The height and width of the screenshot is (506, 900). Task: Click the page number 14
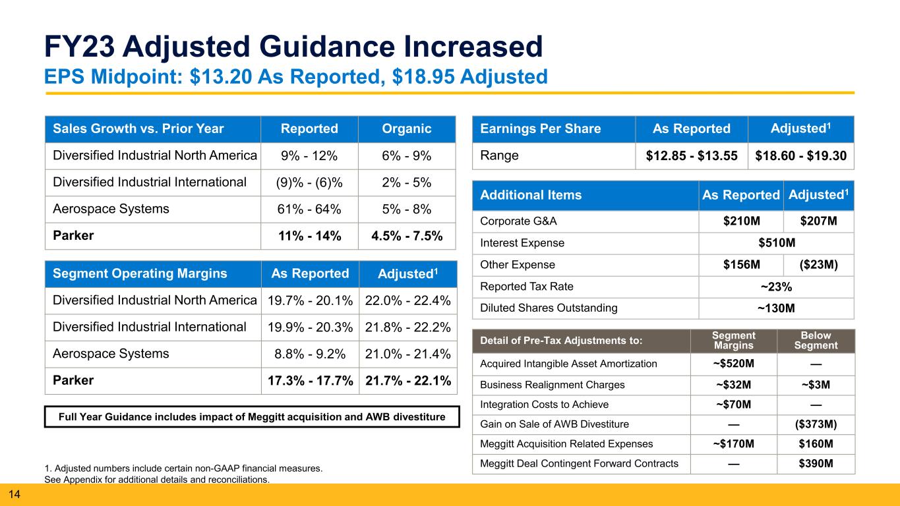14,494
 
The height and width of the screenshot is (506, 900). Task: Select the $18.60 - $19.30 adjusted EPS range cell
800,155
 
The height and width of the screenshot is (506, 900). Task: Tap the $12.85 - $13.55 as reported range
692,155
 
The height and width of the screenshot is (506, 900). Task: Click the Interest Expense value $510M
777,242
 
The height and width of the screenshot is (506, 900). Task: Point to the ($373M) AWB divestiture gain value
816,424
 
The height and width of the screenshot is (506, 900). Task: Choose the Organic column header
407,128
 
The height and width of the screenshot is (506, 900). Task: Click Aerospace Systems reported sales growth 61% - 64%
309,209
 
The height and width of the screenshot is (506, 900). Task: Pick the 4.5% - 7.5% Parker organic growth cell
407,236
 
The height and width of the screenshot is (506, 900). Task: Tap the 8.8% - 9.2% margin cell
310,354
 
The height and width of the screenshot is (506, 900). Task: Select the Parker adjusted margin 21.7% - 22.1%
408,380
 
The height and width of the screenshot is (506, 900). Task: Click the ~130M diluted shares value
776,308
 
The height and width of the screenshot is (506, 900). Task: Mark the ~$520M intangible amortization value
734,364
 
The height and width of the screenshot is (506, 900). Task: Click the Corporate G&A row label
518,221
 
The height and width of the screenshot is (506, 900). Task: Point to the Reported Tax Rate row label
526,287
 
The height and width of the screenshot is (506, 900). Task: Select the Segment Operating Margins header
140,273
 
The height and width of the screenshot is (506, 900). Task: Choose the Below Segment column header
816,341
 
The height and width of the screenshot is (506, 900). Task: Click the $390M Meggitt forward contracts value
816,463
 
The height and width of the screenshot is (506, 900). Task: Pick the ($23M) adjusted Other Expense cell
818,265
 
